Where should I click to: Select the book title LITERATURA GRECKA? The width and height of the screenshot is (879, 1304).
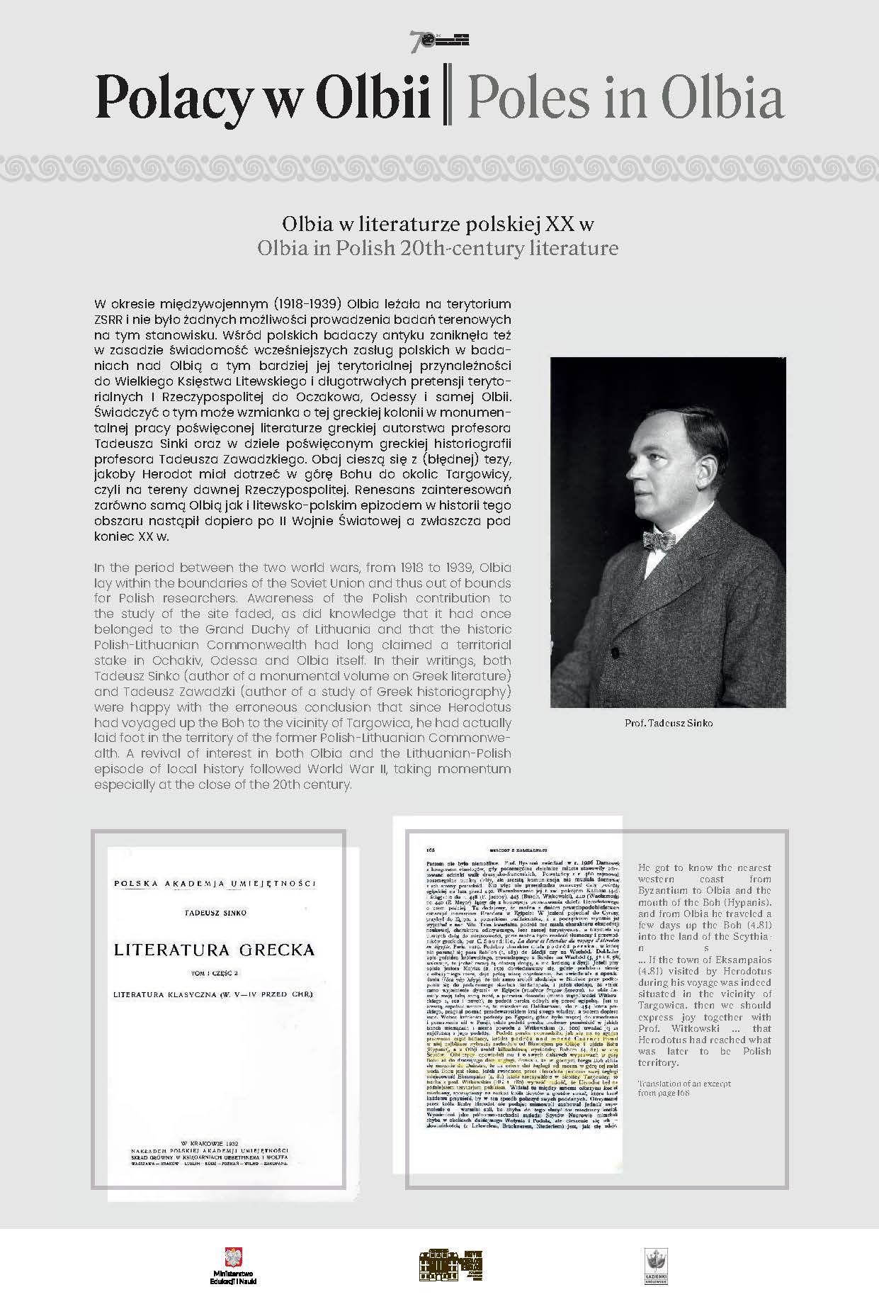click(214, 950)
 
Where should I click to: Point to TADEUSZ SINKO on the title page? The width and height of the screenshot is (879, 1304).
click(213, 913)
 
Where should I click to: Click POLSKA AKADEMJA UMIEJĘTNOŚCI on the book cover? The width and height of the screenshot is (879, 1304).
click(214, 883)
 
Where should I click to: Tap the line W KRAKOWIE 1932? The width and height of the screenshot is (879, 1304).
click(213, 1143)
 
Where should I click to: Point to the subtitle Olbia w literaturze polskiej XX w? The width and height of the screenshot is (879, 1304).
click(438, 225)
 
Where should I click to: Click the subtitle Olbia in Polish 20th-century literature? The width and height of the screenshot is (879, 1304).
click(438, 249)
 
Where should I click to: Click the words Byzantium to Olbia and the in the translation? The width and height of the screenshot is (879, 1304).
click(704, 890)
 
